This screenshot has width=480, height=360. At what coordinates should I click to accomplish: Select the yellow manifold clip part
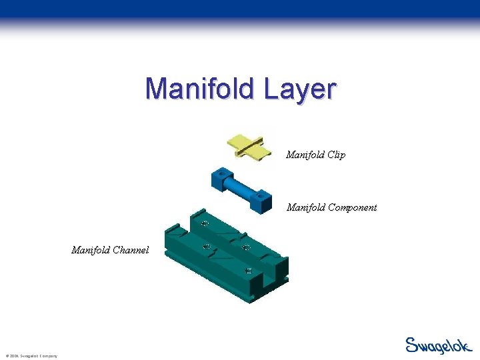[249, 146]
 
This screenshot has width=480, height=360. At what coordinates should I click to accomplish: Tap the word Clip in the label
[335, 155]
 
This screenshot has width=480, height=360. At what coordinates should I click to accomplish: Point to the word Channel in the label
[131, 251]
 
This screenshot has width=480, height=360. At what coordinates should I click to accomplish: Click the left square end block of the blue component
[221, 179]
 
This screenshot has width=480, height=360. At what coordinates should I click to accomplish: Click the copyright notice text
[30, 355]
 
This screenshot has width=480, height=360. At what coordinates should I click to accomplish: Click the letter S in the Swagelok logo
[412, 345]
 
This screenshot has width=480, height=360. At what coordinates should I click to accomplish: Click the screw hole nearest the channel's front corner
[248, 270]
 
